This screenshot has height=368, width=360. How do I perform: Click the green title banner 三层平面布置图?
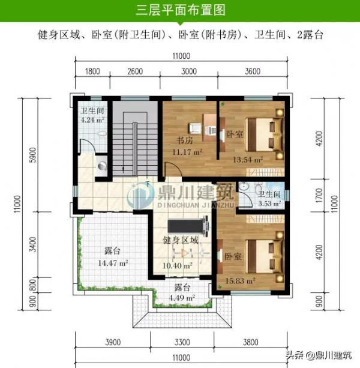(x=179, y=10)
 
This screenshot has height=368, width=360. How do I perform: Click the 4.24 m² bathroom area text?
(x=92, y=119)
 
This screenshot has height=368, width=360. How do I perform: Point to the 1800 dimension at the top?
(x=92, y=71)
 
